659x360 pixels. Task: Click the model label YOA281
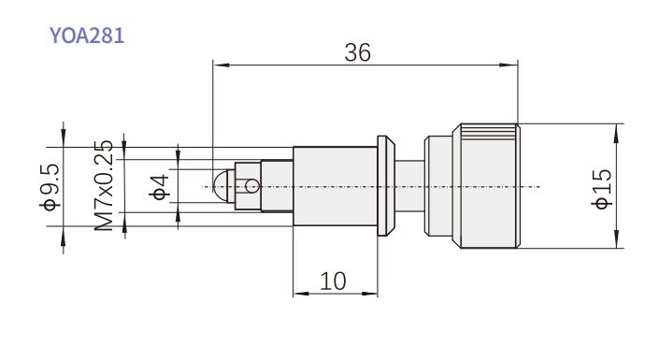(x=87, y=36)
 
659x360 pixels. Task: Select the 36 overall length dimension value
(x=358, y=52)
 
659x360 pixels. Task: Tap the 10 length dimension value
(x=334, y=281)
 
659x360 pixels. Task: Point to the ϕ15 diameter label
(x=602, y=189)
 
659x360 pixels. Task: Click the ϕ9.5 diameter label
(x=50, y=187)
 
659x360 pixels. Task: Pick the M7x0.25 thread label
(x=104, y=185)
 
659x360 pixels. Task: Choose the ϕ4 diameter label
(x=159, y=187)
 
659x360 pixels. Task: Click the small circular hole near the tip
(x=252, y=185)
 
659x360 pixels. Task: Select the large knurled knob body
(x=486, y=186)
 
